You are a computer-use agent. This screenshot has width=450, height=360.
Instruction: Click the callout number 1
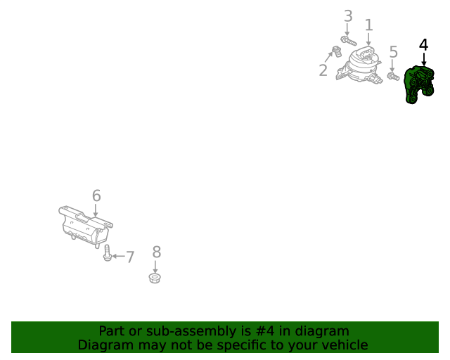[x=368, y=25]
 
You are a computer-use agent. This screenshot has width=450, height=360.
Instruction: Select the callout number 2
[x=323, y=70]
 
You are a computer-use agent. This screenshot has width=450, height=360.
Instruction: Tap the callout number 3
[x=348, y=16]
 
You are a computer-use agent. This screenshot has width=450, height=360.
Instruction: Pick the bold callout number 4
[x=423, y=44]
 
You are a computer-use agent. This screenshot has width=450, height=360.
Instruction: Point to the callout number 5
[x=393, y=51]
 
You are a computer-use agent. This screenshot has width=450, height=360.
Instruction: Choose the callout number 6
[x=96, y=195]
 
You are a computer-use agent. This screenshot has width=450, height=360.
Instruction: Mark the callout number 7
[x=129, y=257]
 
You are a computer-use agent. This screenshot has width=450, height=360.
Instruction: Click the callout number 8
[x=156, y=252]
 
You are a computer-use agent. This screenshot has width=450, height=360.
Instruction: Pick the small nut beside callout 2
[x=336, y=51]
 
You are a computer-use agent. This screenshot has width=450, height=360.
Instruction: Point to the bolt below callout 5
[x=394, y=75]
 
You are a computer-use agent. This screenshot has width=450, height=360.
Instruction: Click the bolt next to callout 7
[x=106, y=253]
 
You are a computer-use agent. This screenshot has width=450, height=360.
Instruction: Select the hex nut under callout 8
[x=155, y=278]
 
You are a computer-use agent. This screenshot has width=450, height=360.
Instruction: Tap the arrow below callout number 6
[x=96, y=210]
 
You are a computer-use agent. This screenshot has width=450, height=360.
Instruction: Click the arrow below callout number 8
[x=155, y=266]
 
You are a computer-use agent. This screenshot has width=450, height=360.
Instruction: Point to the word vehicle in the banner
[x=343, y=345]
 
